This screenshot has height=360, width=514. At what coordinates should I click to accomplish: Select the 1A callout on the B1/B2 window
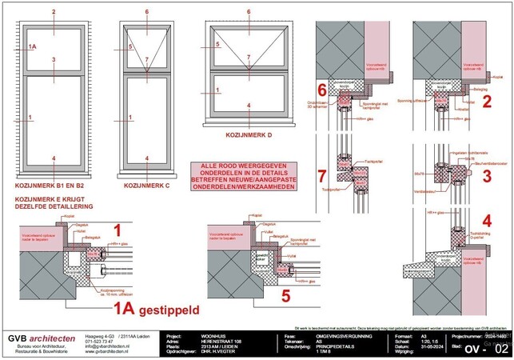click(x=32, y=47)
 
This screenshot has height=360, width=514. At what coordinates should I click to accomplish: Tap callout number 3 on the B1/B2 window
click(x=53, y=61)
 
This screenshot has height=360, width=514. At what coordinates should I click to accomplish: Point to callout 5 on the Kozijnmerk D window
click(x=217, y=47)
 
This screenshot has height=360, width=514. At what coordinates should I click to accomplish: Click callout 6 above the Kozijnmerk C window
click(x=147, y=13)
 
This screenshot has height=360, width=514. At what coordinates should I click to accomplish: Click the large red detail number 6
click(x=322, y=90)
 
